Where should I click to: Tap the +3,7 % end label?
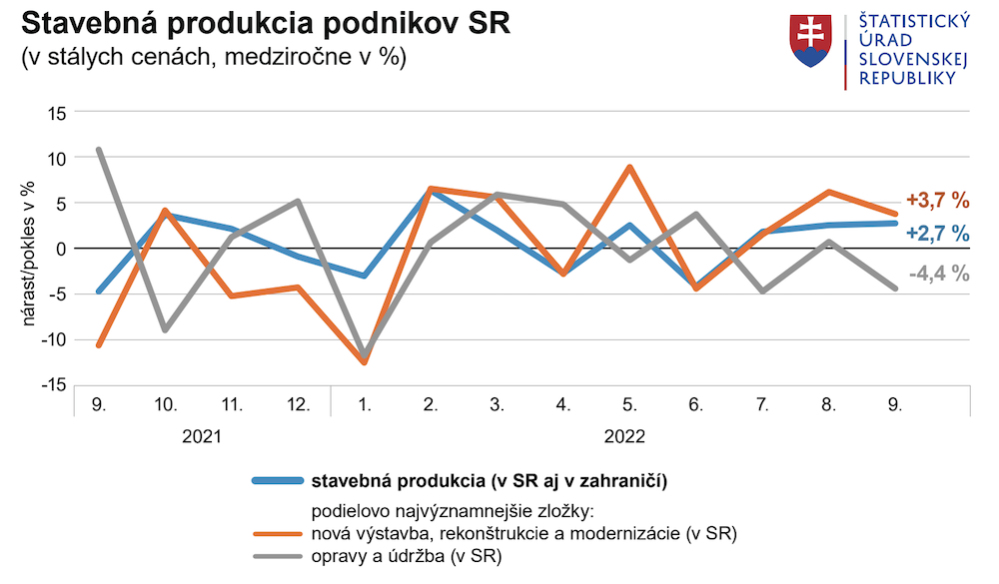[x=937, y=201]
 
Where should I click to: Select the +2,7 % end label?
[x=937, y=234]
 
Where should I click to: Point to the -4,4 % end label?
[x=939, y=273]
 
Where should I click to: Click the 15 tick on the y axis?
[x=56, y=113]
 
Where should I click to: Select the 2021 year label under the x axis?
[x=202, y=436]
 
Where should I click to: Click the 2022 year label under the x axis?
[x=624, y=436]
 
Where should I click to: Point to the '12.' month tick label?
[x=298, y=405]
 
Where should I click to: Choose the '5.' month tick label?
[x=629, y=405]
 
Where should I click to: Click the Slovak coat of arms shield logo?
[x=811, y=41]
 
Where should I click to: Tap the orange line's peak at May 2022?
[x=629, y=167]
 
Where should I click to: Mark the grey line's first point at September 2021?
[x=99, y=150]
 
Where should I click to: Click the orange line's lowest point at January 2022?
[x=364, y=362]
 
